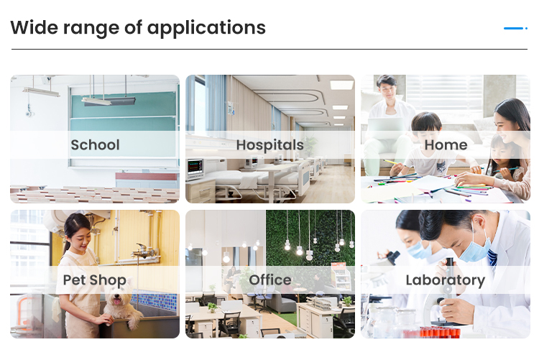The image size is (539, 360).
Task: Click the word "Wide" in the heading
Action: coord(34,27)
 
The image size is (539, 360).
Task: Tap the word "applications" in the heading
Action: coord(206,28)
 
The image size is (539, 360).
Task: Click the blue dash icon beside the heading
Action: coord(515,28)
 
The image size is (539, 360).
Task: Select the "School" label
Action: coord(95,144)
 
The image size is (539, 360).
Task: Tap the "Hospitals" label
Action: coord(269,145)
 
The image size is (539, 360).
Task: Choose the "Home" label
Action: coord(446,144)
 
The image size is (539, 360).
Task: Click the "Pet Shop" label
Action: coord(95,280)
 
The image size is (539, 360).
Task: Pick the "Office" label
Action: coord(270,280)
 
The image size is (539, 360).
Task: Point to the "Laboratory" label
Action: coord(445,280)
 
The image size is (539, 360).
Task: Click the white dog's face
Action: coord(117,299)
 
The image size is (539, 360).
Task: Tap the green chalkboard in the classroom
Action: coord(124,111)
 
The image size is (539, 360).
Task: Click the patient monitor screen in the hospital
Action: coord(194,167)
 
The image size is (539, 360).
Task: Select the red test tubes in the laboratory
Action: coord(440,332)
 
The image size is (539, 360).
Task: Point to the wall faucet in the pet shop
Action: coord(144,251)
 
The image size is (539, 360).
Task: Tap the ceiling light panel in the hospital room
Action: coord(341,85)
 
